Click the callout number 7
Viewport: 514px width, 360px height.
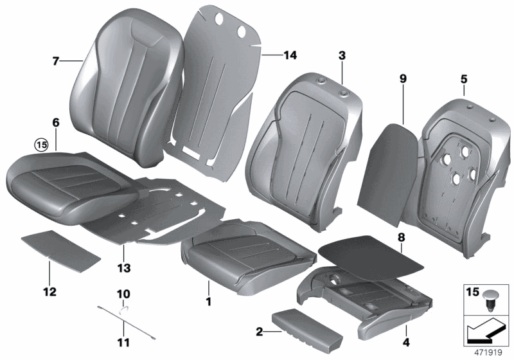(56, 61)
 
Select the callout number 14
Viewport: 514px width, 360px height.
(290, 56)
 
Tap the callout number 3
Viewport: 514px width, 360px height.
(342, 57)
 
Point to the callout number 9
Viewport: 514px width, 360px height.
(403, 78)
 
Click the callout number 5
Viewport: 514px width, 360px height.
(463, 80)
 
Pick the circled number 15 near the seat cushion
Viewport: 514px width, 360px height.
(42, 145)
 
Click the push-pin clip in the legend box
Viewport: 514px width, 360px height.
(492, 301)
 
